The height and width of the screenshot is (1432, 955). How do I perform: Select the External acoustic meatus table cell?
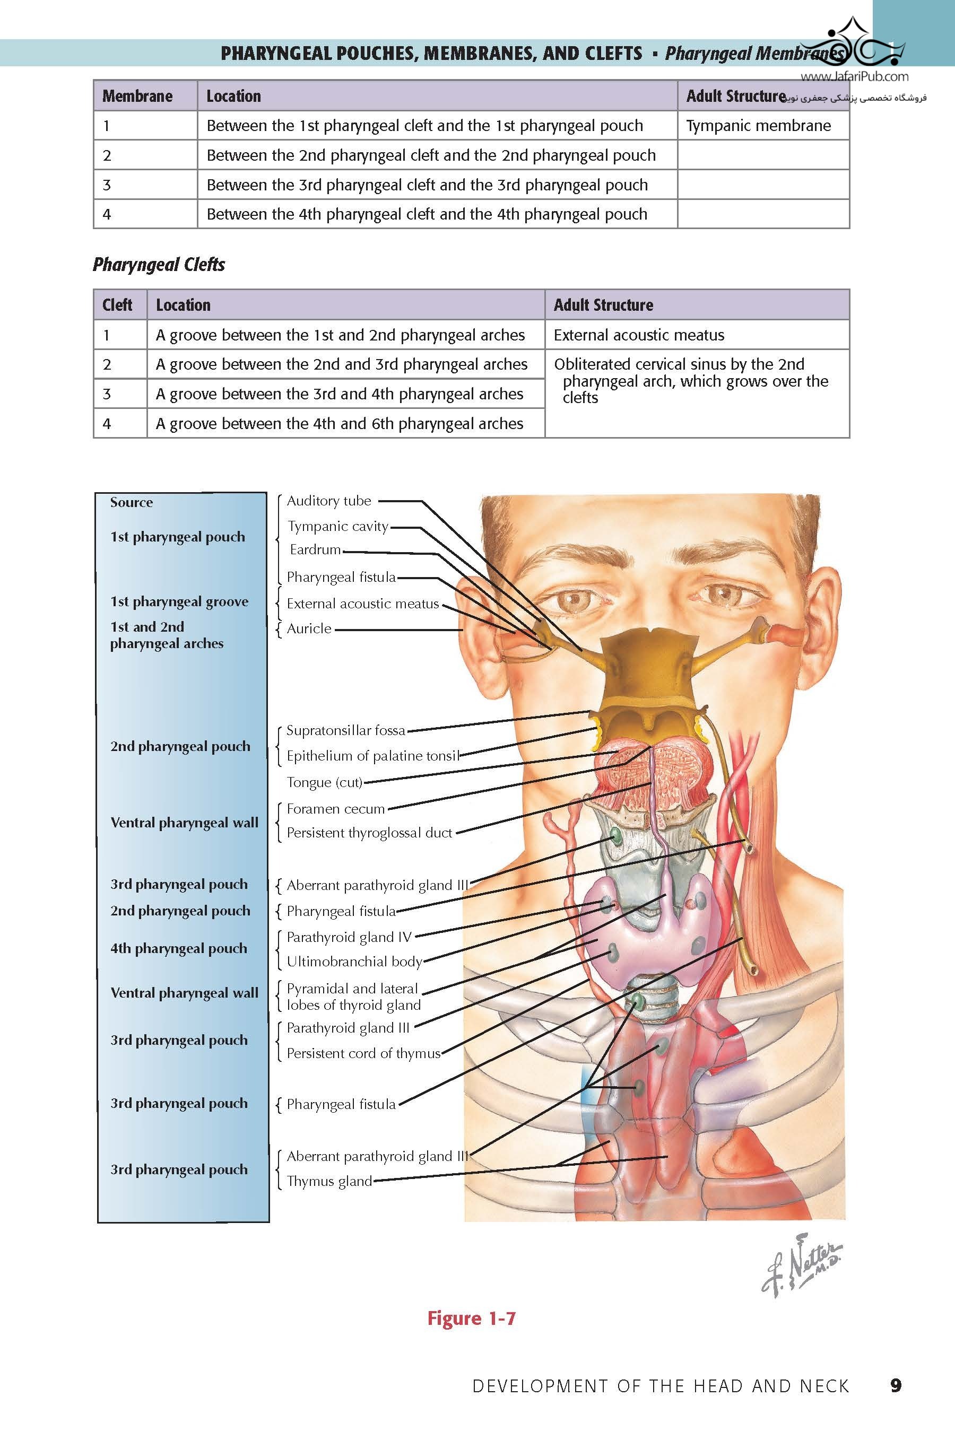coord(639,335)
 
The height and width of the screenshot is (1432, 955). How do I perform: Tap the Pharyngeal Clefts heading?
coord(159,264)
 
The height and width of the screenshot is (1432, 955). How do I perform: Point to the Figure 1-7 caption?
coord(472,1318)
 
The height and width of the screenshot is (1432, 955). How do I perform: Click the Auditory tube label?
coord(329,501)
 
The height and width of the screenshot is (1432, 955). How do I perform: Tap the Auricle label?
coord(309,628)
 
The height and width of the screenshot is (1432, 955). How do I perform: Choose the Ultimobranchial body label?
coord(354,962)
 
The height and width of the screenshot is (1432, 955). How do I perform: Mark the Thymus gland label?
coord(329,1181)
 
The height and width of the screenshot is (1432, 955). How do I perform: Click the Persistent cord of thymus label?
coord(363,1053)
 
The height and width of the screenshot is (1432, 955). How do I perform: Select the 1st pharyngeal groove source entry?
coord(179,601)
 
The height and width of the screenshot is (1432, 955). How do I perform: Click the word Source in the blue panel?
coord(132,502)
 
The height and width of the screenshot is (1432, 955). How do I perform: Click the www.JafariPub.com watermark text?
coord(854,77)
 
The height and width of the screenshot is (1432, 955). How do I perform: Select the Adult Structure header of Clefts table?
coord(603,305)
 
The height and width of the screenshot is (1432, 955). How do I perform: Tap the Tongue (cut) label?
coord(325,782)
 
